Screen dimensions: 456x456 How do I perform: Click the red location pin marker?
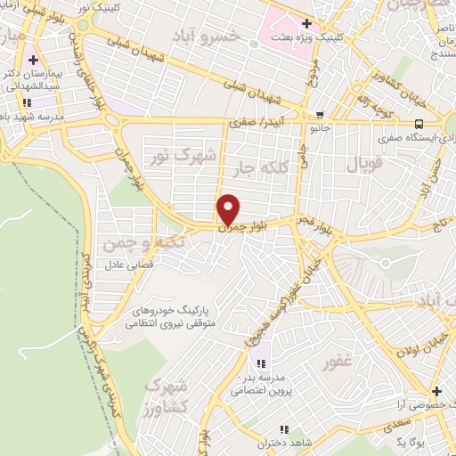(229, 208)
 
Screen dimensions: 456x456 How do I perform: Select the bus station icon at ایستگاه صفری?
(419, 125)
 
